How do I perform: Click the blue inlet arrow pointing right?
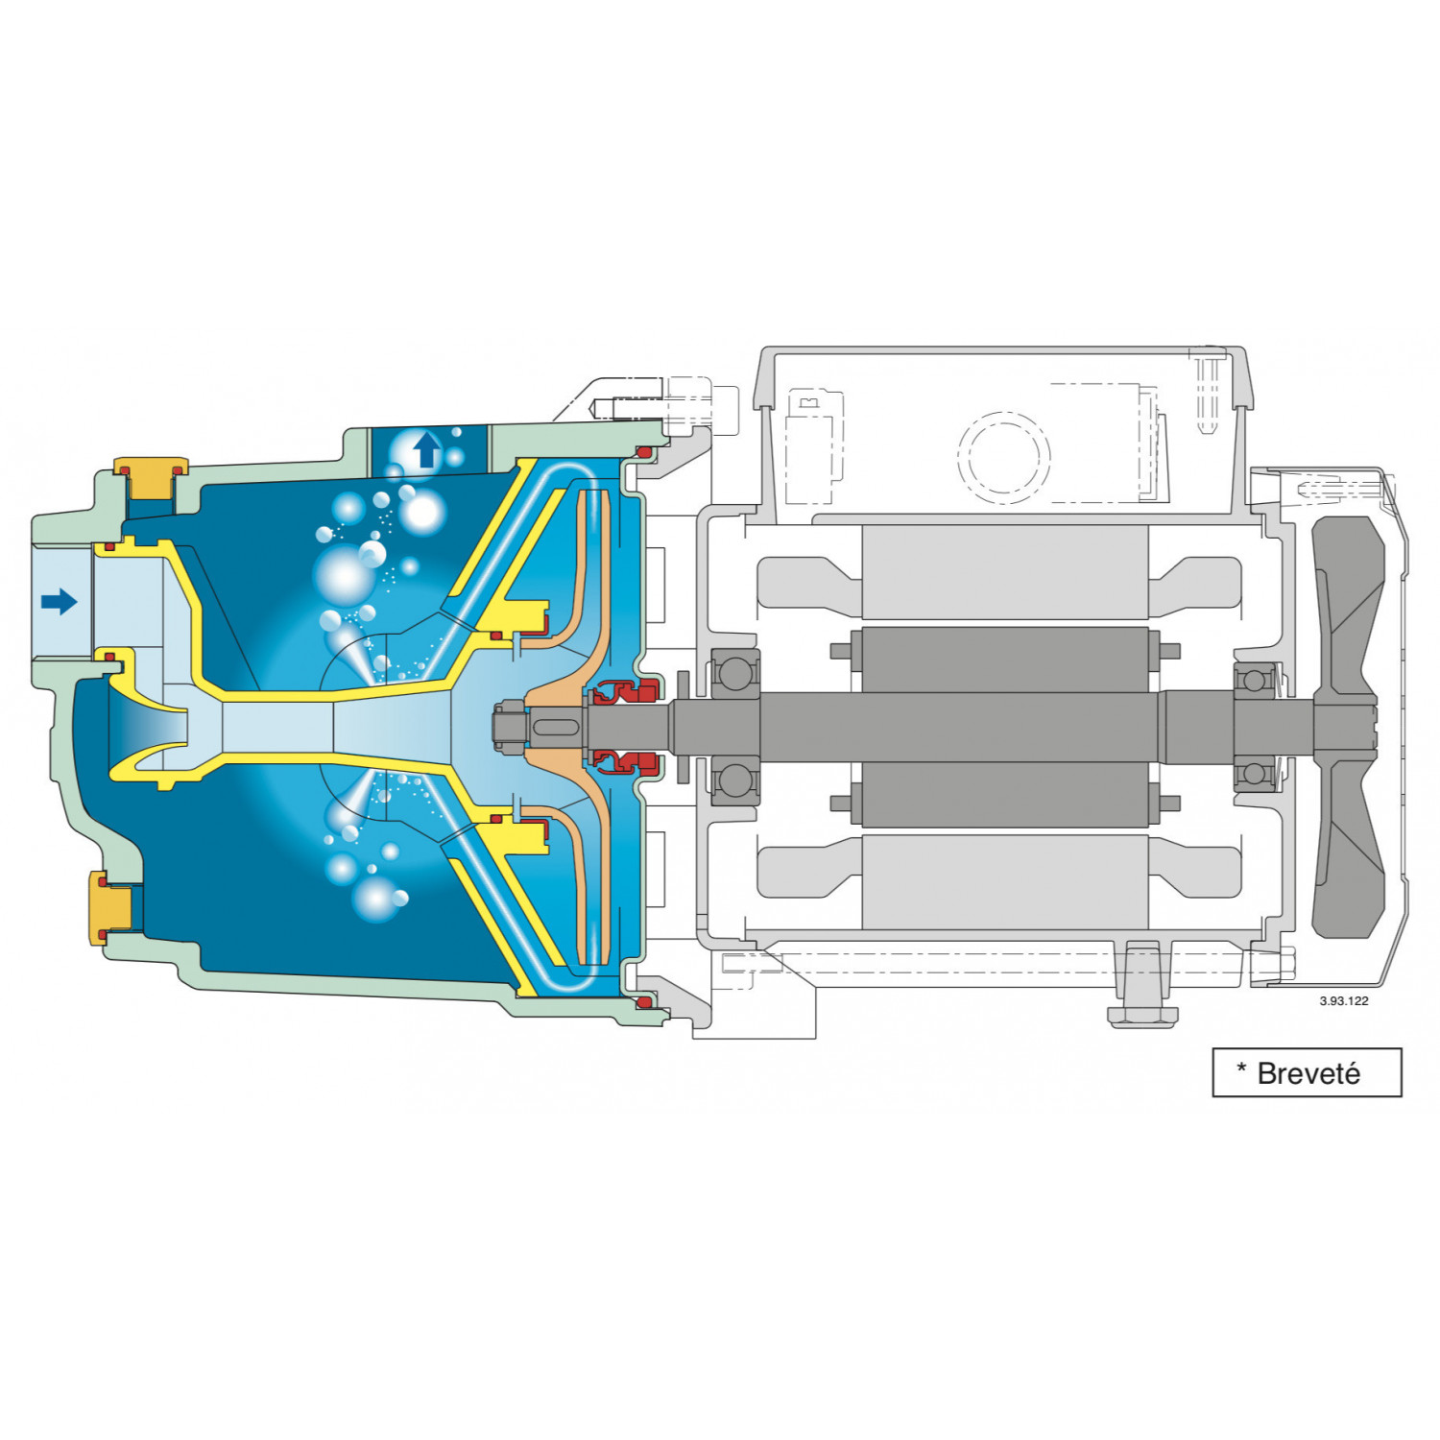click(59, 602)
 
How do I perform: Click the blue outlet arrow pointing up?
click(426, 449)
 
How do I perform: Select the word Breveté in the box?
click(1308, 1073)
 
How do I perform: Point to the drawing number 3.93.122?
click(1343, 1000)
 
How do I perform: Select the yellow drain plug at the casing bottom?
click(110, 907)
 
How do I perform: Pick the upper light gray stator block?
click(1004, 572)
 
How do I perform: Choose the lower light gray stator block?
click(1004, 882)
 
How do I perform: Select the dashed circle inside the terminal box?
click(1003, 457)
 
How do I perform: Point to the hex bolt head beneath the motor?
click(1141, 1015)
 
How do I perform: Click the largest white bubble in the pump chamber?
click(343, 576)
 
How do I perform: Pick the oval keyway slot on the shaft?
click(555, 727)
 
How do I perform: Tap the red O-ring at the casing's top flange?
click(645, 452)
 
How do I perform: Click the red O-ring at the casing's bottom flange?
click(644, 1002)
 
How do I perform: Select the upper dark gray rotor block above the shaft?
click(1004, 660)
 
